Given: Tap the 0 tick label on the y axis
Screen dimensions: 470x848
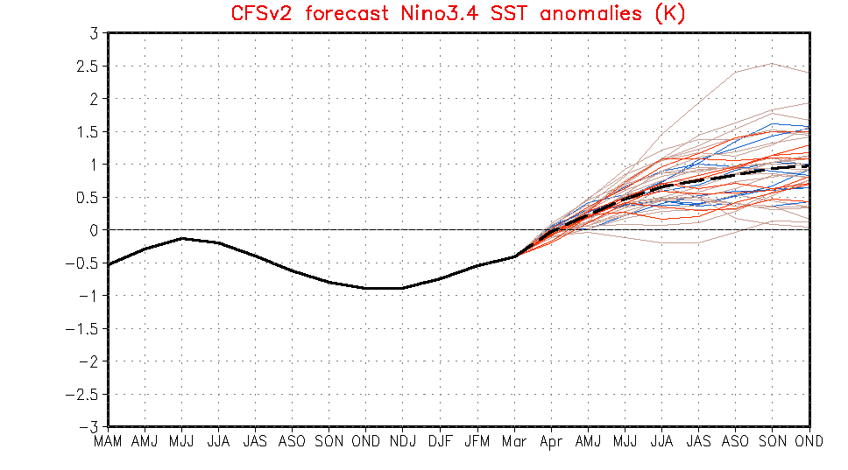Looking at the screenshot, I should pyautogui.click(x=92, y=230).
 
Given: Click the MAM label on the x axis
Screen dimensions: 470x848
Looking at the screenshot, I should pyautogui.click(x=109, y=443).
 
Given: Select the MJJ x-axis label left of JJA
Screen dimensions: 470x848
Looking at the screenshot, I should pyautogui.click(x=182, y=443).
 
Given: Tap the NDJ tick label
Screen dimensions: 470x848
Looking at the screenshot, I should pyautogui.click(x=403, y=443).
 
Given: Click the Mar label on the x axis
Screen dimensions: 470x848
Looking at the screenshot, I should pyautogui.click(x=514, y=443).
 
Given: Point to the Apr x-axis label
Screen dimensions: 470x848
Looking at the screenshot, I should pyautogui.click(x=551, y=443).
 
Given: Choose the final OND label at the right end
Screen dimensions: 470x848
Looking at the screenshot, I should pyautogui.click(x=809, y=443).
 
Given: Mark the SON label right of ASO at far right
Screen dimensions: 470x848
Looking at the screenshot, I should pyautogui.click(x=772, y=443).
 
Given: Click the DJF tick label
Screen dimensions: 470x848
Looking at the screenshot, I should pyautogui.click(x=440, y=443).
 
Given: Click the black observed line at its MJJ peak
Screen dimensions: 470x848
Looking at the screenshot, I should pyautogui.click(x=182, y=238).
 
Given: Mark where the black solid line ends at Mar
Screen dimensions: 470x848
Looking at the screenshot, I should pyautogui.click(x=514, y=256).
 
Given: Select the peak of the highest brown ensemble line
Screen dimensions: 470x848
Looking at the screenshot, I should pyautogui.click(x=772, y=63).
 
